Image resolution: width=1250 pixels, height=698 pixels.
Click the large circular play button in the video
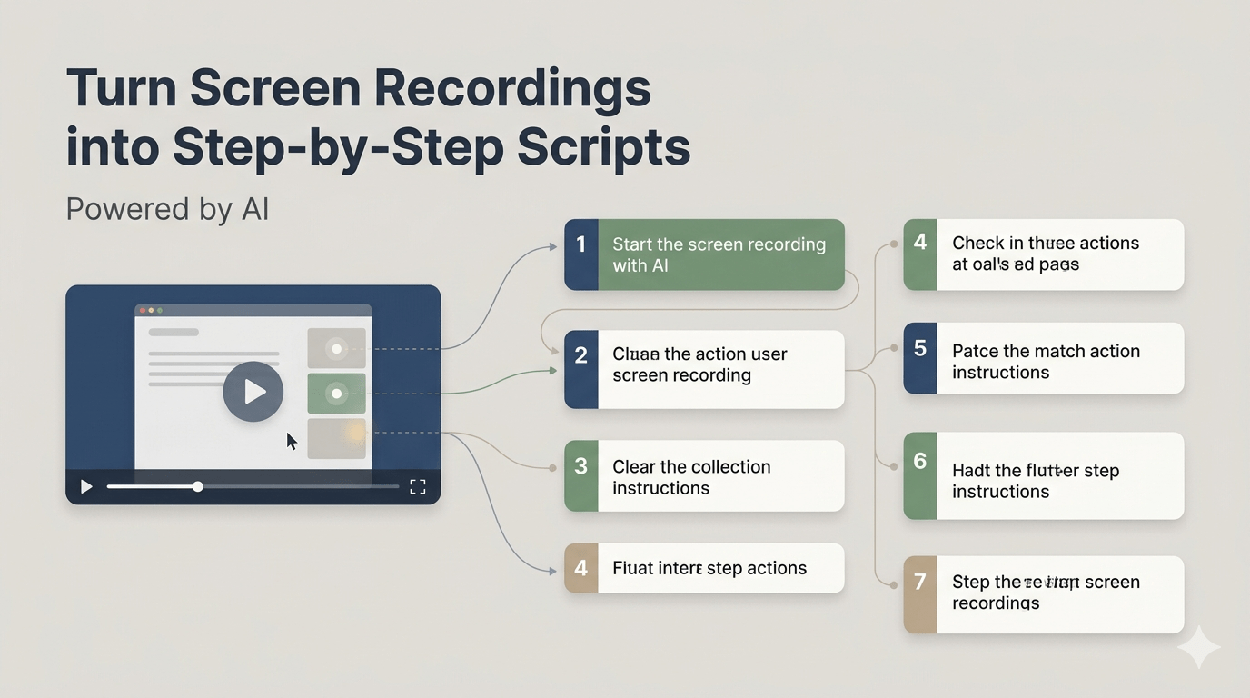click(x=253, y=392)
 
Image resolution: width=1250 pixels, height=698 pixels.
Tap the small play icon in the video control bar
click(x=86, y=487)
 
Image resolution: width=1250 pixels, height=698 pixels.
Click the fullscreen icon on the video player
click(x=418, y=487)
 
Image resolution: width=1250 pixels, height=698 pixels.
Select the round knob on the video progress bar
click(x=197, y=487)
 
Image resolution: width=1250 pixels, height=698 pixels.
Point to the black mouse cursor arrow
click(x=292, y=442)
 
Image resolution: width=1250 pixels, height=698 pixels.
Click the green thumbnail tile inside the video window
click(x=337, y=394)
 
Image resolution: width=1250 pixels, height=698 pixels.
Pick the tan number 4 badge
click(x=581, y=569)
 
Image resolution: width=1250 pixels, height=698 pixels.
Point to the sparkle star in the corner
click(x=1199, y=647)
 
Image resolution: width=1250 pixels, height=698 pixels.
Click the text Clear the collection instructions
click(x=691, y=477)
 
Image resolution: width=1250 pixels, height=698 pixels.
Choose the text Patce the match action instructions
click(x=1046, y=362)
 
